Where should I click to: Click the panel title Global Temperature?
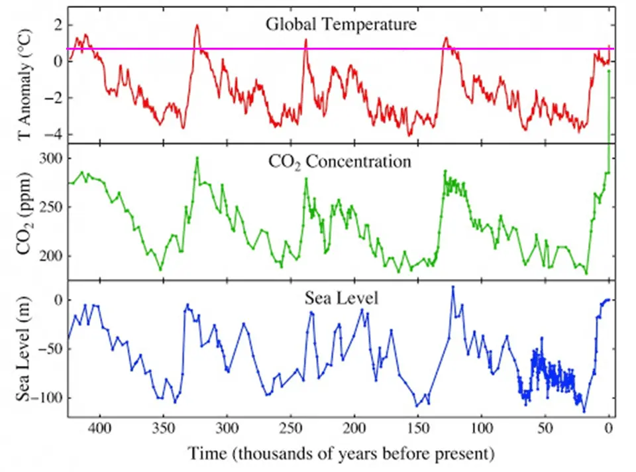point(341,25)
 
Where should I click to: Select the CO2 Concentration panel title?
point(340,161)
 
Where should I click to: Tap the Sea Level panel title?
point(341,298)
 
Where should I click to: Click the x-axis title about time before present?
point(341,454)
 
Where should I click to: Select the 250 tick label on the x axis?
point(291,429)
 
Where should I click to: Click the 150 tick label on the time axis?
point(418,429)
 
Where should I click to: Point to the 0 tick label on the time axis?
point(608,429)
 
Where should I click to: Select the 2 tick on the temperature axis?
point(56,25)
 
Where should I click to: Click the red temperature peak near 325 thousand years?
point(197,25)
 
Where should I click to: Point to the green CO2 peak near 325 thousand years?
point(197,158)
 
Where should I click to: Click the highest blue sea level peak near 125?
point(453,286)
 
